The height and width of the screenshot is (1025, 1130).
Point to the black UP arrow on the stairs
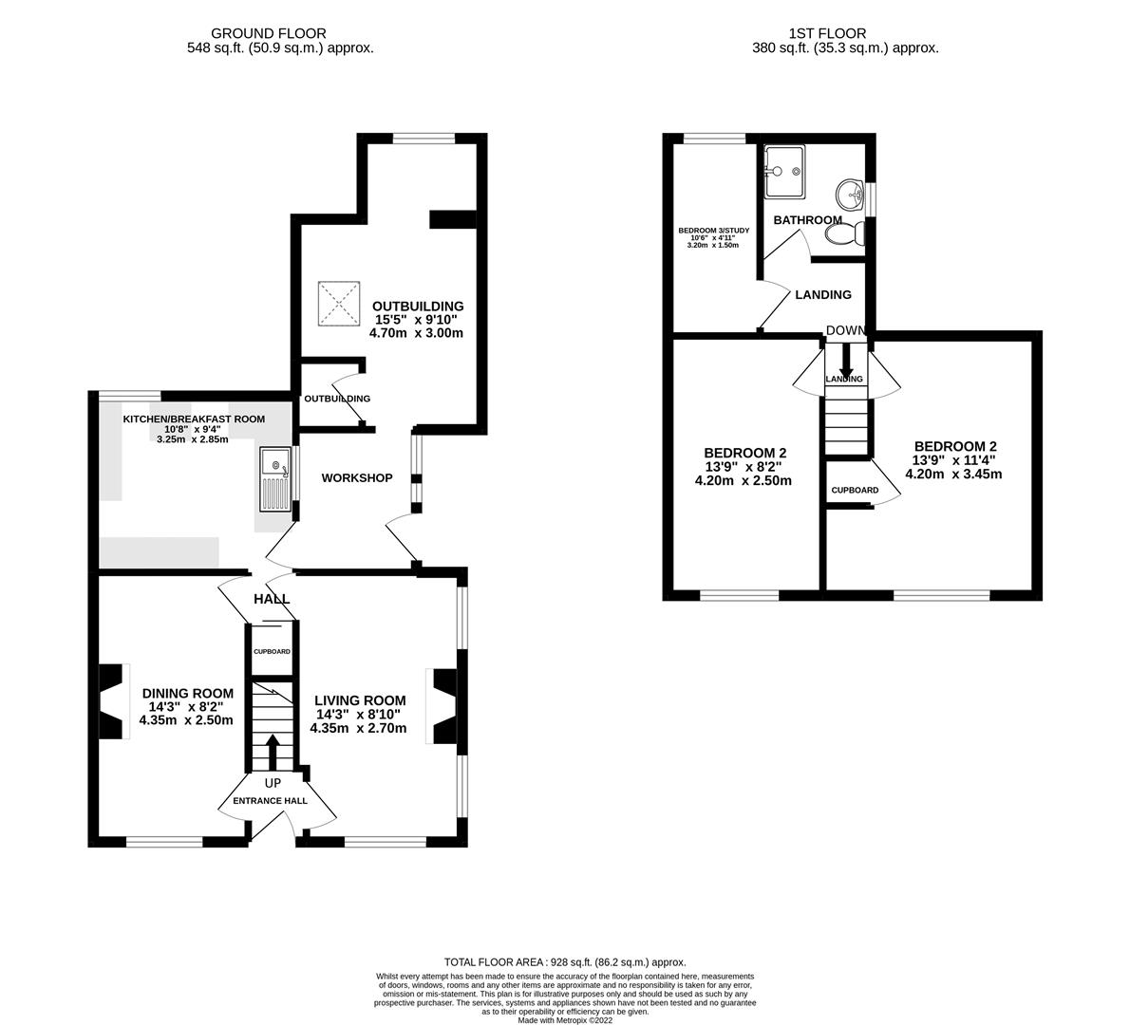click(x=273, y=753)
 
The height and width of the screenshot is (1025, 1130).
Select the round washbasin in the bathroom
click(x=850, y=196)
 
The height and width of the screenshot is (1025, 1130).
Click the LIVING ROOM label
click(x=360, y=700)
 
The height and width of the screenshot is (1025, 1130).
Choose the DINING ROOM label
click(x=187, y=693)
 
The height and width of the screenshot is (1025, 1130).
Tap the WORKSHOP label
click(x=356, y=478)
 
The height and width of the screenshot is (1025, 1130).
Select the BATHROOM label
click(x=807, y=220)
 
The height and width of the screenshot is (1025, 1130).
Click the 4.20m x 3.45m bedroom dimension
click(x=954, y=475)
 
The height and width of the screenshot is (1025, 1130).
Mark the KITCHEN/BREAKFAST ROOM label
click(x=194, y=419)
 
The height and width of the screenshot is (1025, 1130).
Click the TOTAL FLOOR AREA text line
click(x=565, y=962)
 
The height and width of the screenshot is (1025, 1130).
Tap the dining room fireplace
click(x=113, y=701)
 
